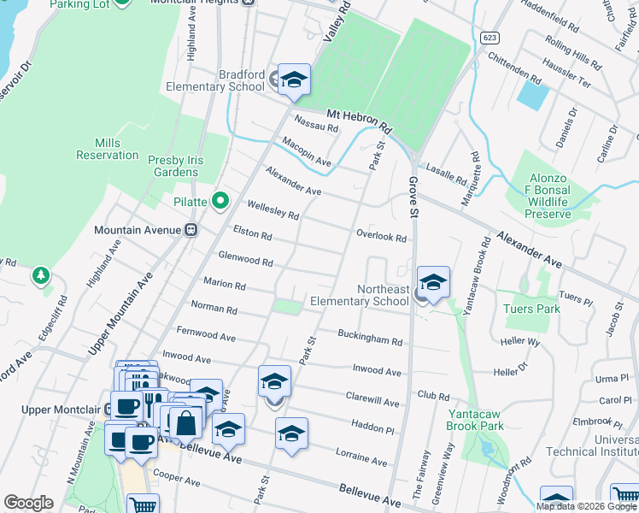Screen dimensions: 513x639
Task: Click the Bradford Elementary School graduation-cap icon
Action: pos(294,80)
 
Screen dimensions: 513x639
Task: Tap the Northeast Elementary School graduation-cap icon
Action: pos(433,283)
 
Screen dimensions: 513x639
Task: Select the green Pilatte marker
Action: pos(220,202)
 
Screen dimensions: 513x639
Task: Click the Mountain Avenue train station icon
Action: pos(191,230)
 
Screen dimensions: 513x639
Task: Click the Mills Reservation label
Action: pos(107,149)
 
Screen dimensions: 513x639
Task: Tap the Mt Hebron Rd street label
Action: pos(358,120)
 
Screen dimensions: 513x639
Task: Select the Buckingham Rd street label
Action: pos(369,337)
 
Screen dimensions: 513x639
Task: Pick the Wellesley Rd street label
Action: pos(273,209)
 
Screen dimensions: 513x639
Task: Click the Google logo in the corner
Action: pos(28,503)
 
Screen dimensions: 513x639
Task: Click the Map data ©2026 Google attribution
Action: pos(585,506)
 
